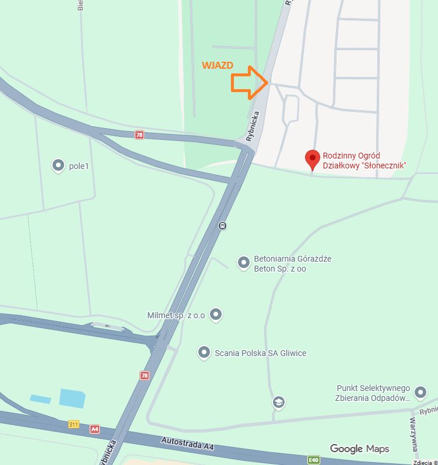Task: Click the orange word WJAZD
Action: point(218,65)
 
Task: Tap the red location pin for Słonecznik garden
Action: point(313,159)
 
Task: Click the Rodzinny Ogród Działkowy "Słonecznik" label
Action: point(364,161)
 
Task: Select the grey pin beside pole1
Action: point(58,165)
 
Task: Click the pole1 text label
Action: point(82,166)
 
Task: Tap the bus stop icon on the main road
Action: point(222,226)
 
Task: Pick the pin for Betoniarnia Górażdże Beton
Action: point(243,263)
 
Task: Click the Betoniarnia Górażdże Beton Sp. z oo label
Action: point(292,263)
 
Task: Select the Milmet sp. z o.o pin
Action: point(216,315)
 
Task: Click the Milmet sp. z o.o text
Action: point(176,315)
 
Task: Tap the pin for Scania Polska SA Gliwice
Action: point(204,353)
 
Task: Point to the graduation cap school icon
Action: point(279,401)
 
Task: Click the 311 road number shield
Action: point(73,424)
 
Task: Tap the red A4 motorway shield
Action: point(94,429)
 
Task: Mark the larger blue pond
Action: point(72,397)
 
